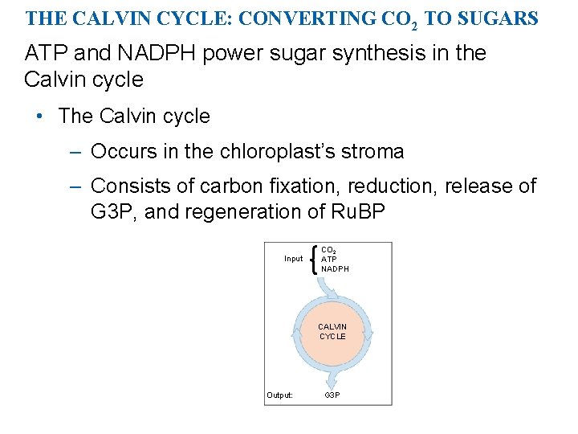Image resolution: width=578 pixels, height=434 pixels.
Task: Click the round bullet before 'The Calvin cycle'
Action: (x=39, y=117)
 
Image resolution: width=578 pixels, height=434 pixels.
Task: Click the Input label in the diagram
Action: (x=293, y=259)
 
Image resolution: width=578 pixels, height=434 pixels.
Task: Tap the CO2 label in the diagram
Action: (x=329, y=250)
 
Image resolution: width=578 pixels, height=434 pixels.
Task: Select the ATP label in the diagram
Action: (x=329, y=259)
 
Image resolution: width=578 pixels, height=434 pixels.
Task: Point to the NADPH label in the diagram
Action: (x=335, y=268)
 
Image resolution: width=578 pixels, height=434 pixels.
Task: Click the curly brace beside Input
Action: (x=312, y=259)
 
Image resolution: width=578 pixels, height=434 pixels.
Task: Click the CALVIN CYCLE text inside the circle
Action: (x=332, y=331)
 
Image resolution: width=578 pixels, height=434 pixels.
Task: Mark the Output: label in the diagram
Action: (x=280, y=395)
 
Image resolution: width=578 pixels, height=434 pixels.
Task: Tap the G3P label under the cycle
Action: (x=332, y=395)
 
